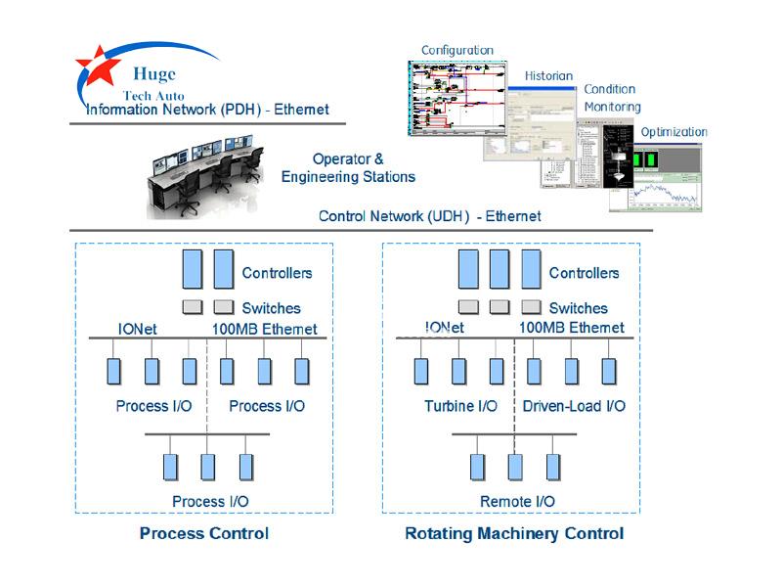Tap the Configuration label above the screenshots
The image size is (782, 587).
point(456,50)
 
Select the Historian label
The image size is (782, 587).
point(548,75)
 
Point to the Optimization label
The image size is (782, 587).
point(673,132)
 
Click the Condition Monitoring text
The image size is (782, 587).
point(612,98)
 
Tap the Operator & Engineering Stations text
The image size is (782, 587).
point(348,167)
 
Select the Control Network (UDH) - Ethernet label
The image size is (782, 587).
point(429,216)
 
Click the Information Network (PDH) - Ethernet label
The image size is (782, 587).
point(207,111)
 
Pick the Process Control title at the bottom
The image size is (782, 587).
point(203,533)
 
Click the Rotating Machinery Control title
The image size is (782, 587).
point(513,533)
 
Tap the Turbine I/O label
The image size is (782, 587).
point(460,405)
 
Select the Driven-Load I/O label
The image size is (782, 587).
point(574,405)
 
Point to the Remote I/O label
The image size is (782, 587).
point(517,501)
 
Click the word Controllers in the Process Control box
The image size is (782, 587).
point(277,273)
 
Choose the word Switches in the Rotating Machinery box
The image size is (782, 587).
point(578,308)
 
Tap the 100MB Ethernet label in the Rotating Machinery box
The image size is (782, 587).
point(571,328)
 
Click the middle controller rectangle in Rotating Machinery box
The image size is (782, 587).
point(500,269)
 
